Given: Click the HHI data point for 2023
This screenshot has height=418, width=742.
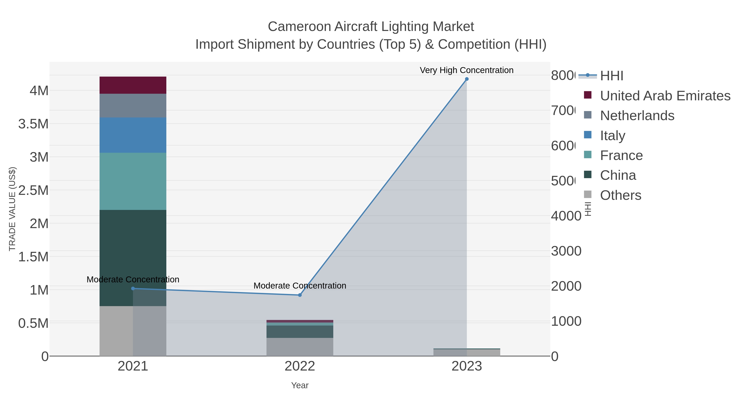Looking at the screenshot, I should (467, 79).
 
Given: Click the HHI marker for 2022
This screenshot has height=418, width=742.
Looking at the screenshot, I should (299, 295).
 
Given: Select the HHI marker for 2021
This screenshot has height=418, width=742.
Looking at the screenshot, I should (133, 289).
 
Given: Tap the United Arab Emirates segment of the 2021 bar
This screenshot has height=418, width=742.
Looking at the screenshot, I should (133, 85).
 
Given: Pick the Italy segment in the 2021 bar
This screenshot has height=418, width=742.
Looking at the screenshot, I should (133, 135).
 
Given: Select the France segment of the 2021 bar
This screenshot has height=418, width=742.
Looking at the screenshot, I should (133, 181).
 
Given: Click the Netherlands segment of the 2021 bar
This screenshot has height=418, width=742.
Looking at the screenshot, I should (133, 105).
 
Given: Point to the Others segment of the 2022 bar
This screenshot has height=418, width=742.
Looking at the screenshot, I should (299, 347).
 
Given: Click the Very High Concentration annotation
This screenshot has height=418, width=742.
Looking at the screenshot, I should (466, 70).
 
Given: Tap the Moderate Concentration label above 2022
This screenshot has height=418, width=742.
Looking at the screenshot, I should (299, 286).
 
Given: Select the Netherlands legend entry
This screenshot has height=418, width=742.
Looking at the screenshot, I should (637, 115).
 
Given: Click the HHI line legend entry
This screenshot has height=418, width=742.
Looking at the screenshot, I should (612, 76).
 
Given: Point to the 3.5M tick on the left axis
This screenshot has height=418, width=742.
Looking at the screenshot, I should (33, 124).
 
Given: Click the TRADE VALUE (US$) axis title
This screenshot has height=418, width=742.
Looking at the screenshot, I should (12, 209).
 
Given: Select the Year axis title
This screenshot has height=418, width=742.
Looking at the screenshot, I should (299, 385).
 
